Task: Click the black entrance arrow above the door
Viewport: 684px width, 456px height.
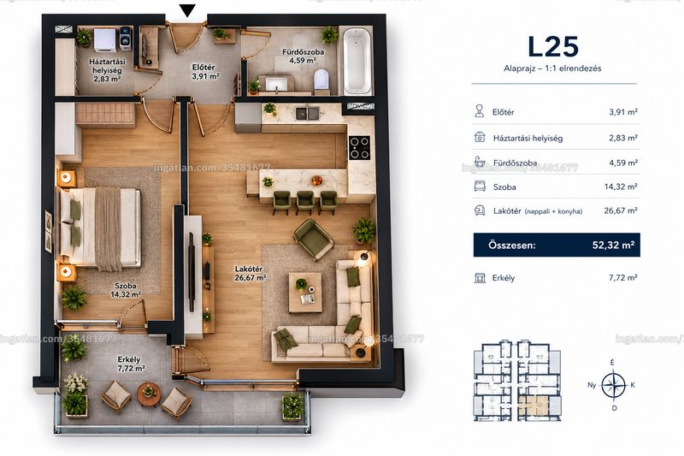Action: click(187, 10)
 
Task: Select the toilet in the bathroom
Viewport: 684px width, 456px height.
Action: click(321, 80)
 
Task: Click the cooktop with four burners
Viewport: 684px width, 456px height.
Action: click(359, 147)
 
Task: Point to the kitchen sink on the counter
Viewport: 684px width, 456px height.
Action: click(308, 114)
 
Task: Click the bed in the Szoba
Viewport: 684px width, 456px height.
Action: click(100, 227)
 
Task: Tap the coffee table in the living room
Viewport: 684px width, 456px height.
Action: click(305, 293)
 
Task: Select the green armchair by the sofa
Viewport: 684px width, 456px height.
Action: click(314, 240)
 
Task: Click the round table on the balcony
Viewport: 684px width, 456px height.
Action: click(149, 394)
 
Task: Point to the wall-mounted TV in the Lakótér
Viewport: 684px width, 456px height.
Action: click(192, 271)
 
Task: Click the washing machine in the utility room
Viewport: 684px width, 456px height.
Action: click(105, 40)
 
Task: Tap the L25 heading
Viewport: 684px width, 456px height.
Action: click(553, 47)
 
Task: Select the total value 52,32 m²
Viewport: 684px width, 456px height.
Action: click(613, 245)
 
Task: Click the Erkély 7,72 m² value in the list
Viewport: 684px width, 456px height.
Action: click(623, 277)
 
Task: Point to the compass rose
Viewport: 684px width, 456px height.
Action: click(613, 385)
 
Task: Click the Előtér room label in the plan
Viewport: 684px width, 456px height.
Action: click(203, 68)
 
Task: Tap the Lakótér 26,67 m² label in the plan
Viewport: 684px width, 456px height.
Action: click(251, 273)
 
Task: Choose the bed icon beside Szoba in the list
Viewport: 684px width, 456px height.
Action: click(480, 187)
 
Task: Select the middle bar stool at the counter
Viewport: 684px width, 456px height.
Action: click(305, 202)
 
